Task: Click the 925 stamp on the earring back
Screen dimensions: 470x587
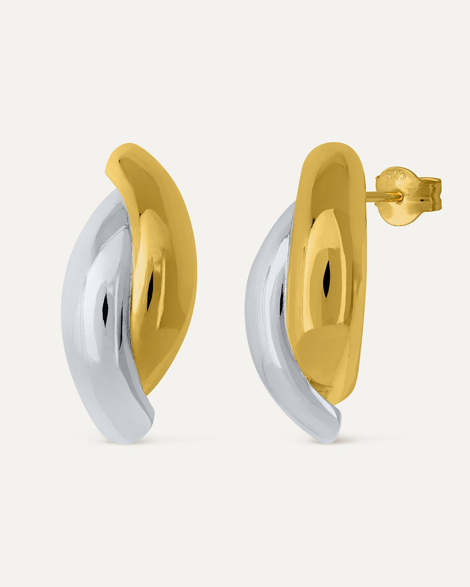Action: click(x=396, y=175)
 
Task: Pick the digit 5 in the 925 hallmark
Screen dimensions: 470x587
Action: click(x=403, y=176)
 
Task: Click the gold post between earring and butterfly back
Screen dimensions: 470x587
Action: click(x=382, y=197)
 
